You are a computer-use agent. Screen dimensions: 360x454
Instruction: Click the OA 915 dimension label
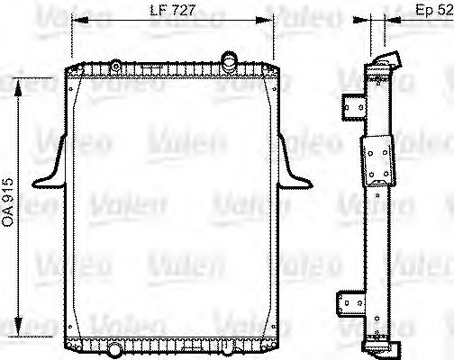click(9, 202)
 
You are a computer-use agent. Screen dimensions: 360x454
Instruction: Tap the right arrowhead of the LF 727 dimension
click(271, 21)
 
